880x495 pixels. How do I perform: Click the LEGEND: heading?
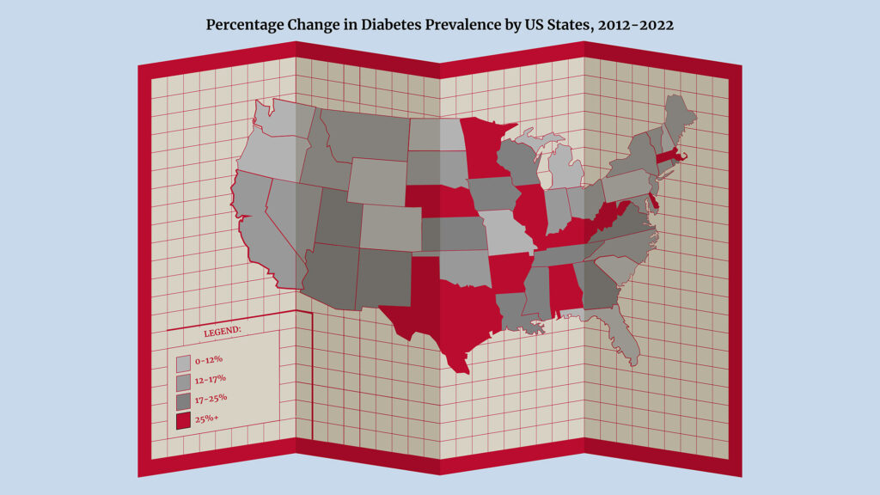(x=222, y=331)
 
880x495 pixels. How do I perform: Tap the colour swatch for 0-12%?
(x=183, y=362)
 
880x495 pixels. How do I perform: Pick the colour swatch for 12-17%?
(x=183, y=382)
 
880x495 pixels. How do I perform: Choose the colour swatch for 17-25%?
(x=183, y=401)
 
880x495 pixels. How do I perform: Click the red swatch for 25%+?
(x=183, y=421)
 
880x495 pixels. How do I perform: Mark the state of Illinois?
(x=534, y=215)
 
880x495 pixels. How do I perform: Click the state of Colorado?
(x=390, y=227)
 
